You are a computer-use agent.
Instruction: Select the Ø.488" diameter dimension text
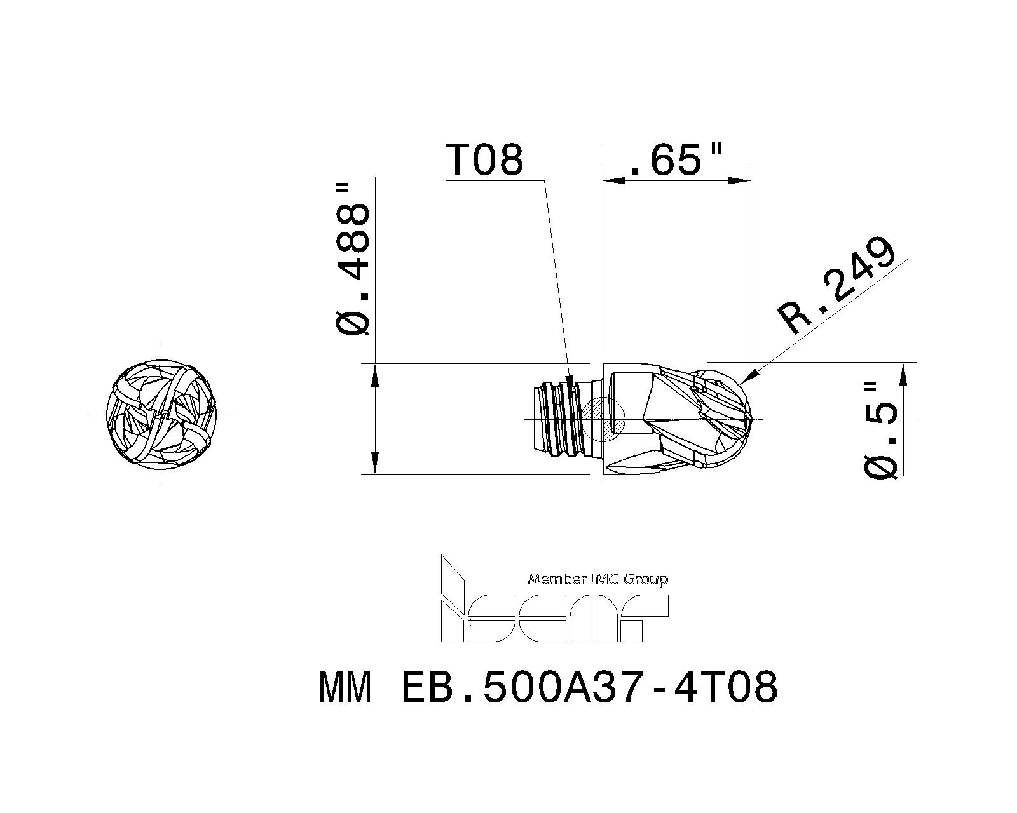click(x=352, y=260)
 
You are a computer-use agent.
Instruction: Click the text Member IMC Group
click(x=598, y=579)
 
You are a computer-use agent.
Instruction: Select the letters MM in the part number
click(x=345, y=688)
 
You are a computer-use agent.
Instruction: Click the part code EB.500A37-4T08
click(x=590, y=688)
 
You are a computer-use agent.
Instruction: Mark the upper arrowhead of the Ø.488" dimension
click(x=376, y=375)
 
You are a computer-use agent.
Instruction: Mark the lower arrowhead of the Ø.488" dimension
click(x=376, y=462)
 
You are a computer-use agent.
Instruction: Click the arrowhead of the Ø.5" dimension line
click(x=903, y=375)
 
